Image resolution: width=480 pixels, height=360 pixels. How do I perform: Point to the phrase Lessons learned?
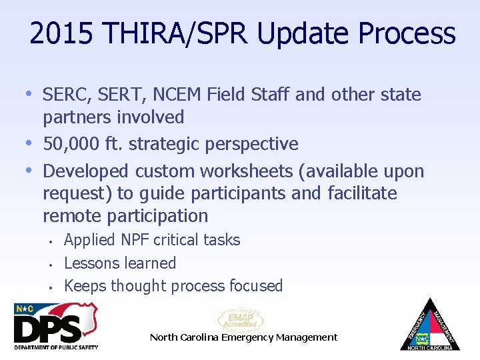point(120,263)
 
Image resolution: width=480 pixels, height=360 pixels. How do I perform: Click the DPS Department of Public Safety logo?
point(56,326)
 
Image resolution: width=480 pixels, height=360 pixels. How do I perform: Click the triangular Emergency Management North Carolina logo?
point(430,325)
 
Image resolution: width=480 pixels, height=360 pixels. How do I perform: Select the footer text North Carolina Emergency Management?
point(243,337)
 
